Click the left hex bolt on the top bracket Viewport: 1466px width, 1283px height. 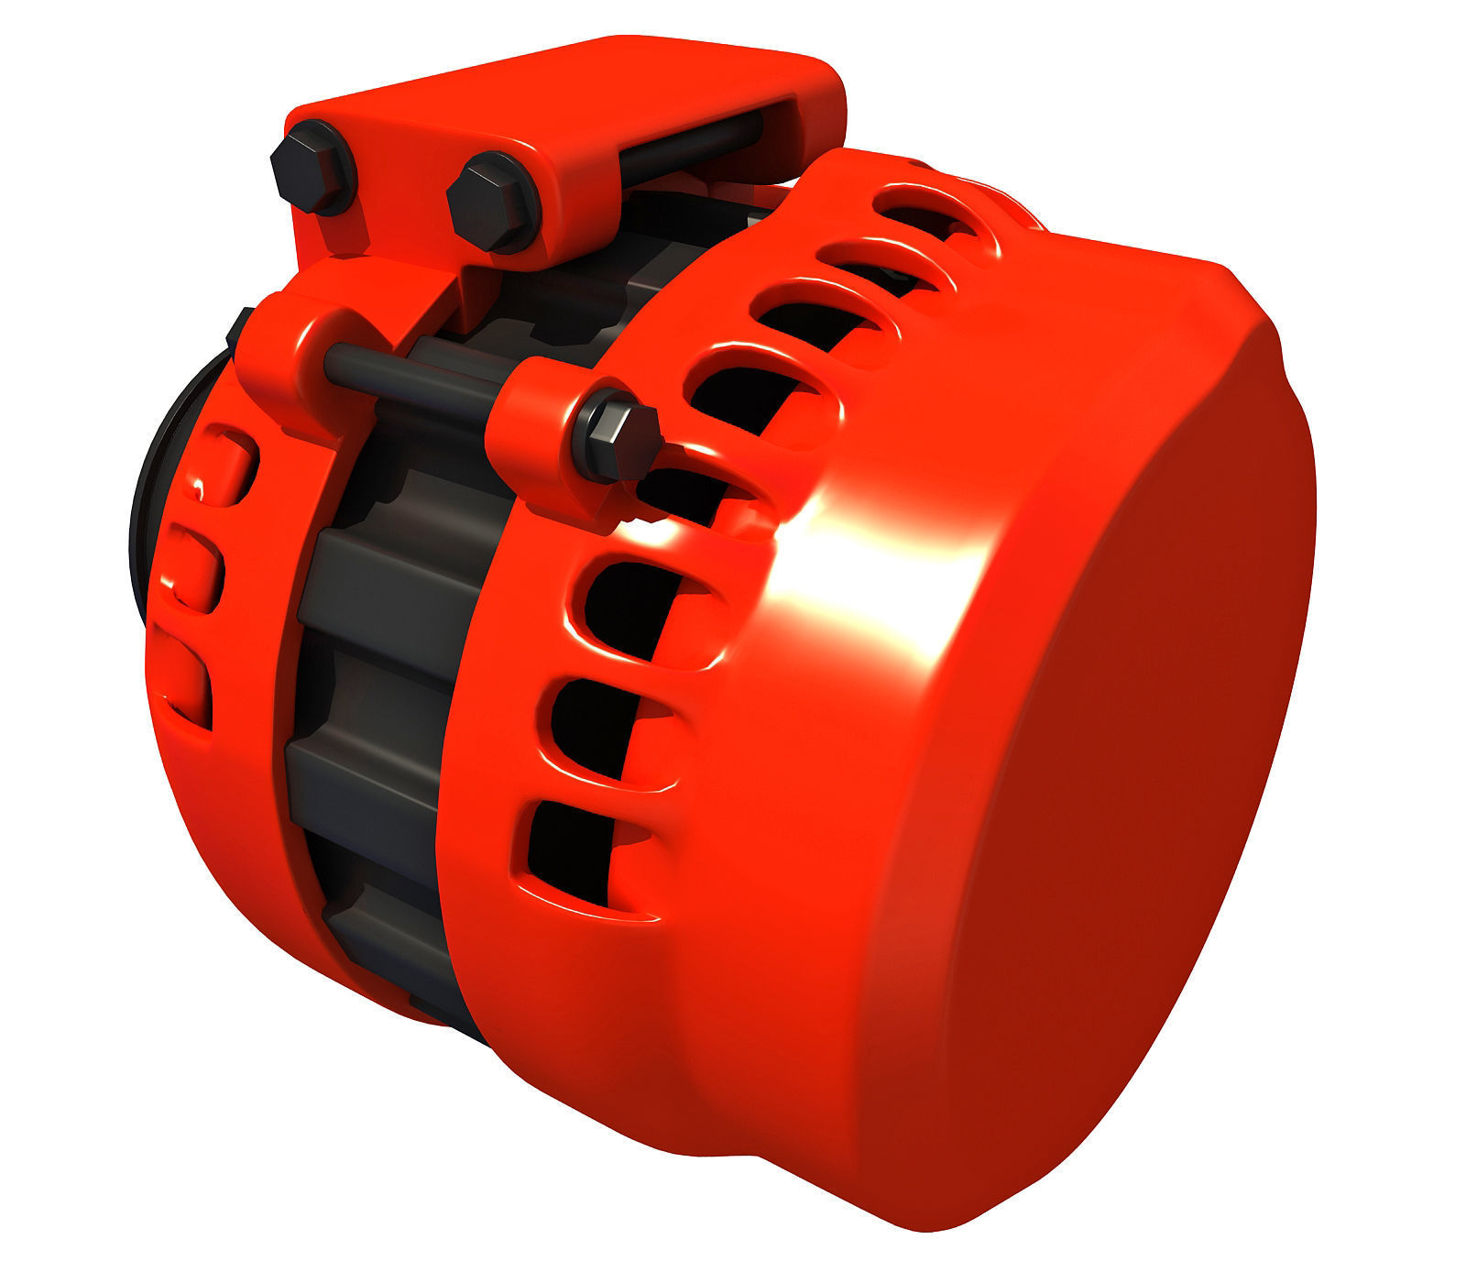[310, 176]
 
